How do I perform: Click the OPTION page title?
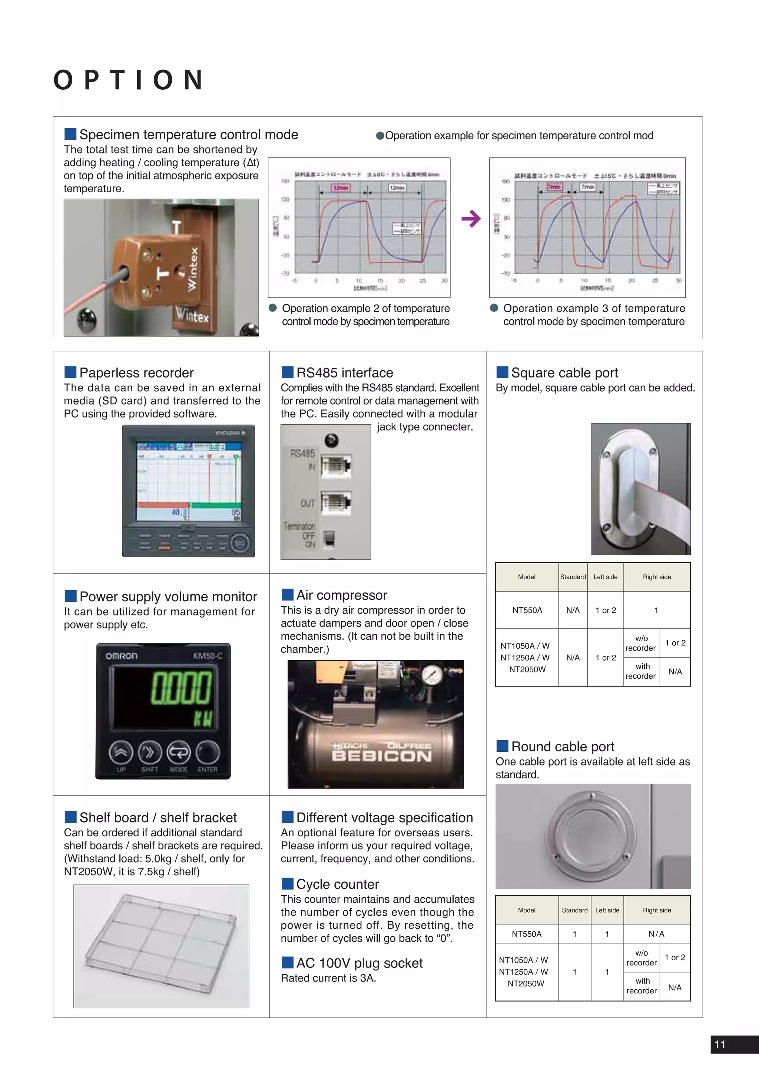pyautogui.click(x=129, y=80)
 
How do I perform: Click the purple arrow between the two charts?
pyautogui.click(x=471, y=218)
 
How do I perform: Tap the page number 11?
pyautogui.click(x=720, y=1044)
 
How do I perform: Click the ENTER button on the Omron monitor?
pyautogui.click(x=208, y=753)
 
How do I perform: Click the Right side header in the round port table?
pyautogui.click(x=657, y=910)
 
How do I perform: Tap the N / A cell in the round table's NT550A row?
pyautogui.click(x=656, y=934)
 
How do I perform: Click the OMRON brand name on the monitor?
pyautogui.click(x=122, y=656)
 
